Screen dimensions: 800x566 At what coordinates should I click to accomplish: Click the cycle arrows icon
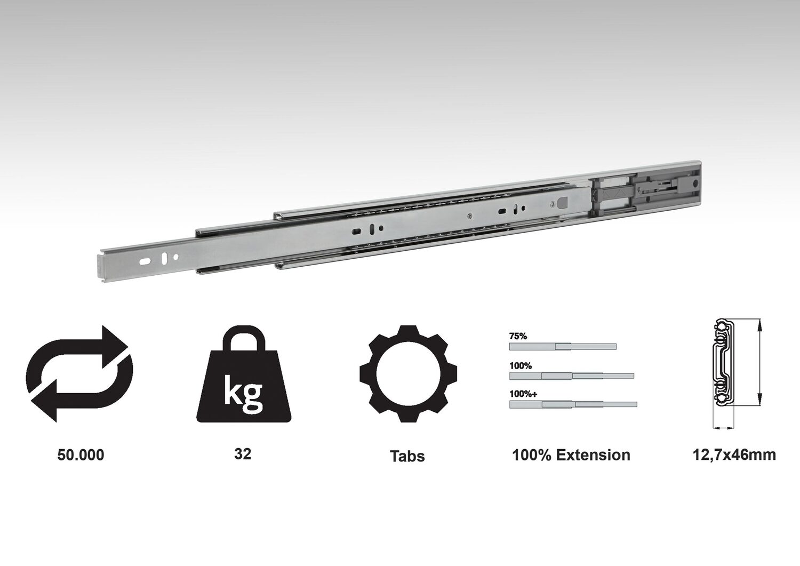79,374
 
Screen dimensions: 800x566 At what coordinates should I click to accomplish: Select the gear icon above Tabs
408,374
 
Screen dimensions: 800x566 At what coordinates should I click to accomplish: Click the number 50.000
81,455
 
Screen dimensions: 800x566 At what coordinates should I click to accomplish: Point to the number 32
243,454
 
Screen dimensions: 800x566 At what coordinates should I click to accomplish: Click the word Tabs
407,456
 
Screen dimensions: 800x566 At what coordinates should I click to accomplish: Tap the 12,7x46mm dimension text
734,455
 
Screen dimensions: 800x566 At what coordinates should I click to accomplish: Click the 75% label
518,336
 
